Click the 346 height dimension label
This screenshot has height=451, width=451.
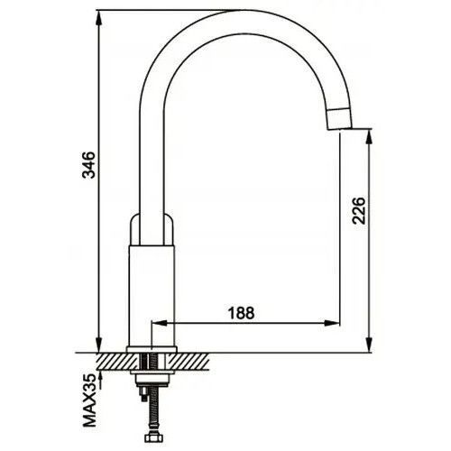click(88, 165)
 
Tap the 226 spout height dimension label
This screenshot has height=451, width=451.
click(359, 211)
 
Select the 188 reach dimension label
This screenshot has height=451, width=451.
click(241, 313)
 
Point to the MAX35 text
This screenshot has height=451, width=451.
click(89, 401)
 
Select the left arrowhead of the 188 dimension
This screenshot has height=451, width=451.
click(160, 324)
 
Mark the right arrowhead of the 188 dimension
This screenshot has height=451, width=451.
click(332, 324)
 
